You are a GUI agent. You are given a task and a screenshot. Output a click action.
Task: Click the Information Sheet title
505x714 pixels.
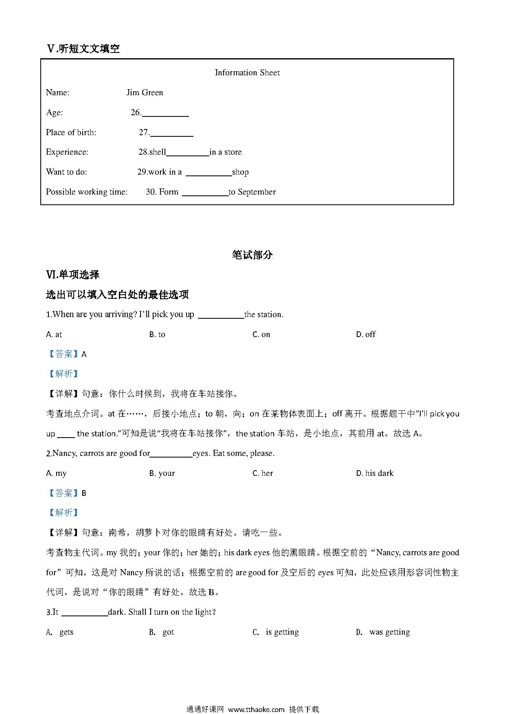pyautogui.click(x=247, y=73)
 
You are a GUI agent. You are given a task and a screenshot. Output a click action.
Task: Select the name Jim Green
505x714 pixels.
pyautogui.click(x=145, y=93)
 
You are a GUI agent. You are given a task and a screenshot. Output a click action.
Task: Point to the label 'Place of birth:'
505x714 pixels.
pyautogui.click(x=71, y=133)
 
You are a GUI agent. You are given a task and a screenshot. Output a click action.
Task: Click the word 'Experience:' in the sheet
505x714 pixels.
pyautogui.click(x=67, y=152)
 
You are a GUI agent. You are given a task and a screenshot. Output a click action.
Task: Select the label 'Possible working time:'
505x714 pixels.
pyautogui.click(x=87, y=192)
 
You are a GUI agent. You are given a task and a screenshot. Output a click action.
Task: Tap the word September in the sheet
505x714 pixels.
pyautogui.click(x=257, y=192)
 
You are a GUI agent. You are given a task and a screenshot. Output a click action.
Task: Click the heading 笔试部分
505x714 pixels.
pyautogui.click(x=252, y=255)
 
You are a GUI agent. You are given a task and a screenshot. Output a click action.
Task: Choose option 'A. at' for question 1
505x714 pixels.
pyautogui.click(x=54, y=335)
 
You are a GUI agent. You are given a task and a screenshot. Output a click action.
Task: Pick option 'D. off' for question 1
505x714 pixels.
pyautogui.click(x=365, y=335)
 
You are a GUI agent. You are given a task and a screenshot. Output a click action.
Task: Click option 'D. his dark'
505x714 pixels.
pyautogui.click(x=375, y=473)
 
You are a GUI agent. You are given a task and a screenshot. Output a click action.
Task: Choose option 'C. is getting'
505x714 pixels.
pyautogui.click(x=276, y=632)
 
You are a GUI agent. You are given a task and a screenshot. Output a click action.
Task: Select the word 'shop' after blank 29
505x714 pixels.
pyautogui.click(x=240, y=172)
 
